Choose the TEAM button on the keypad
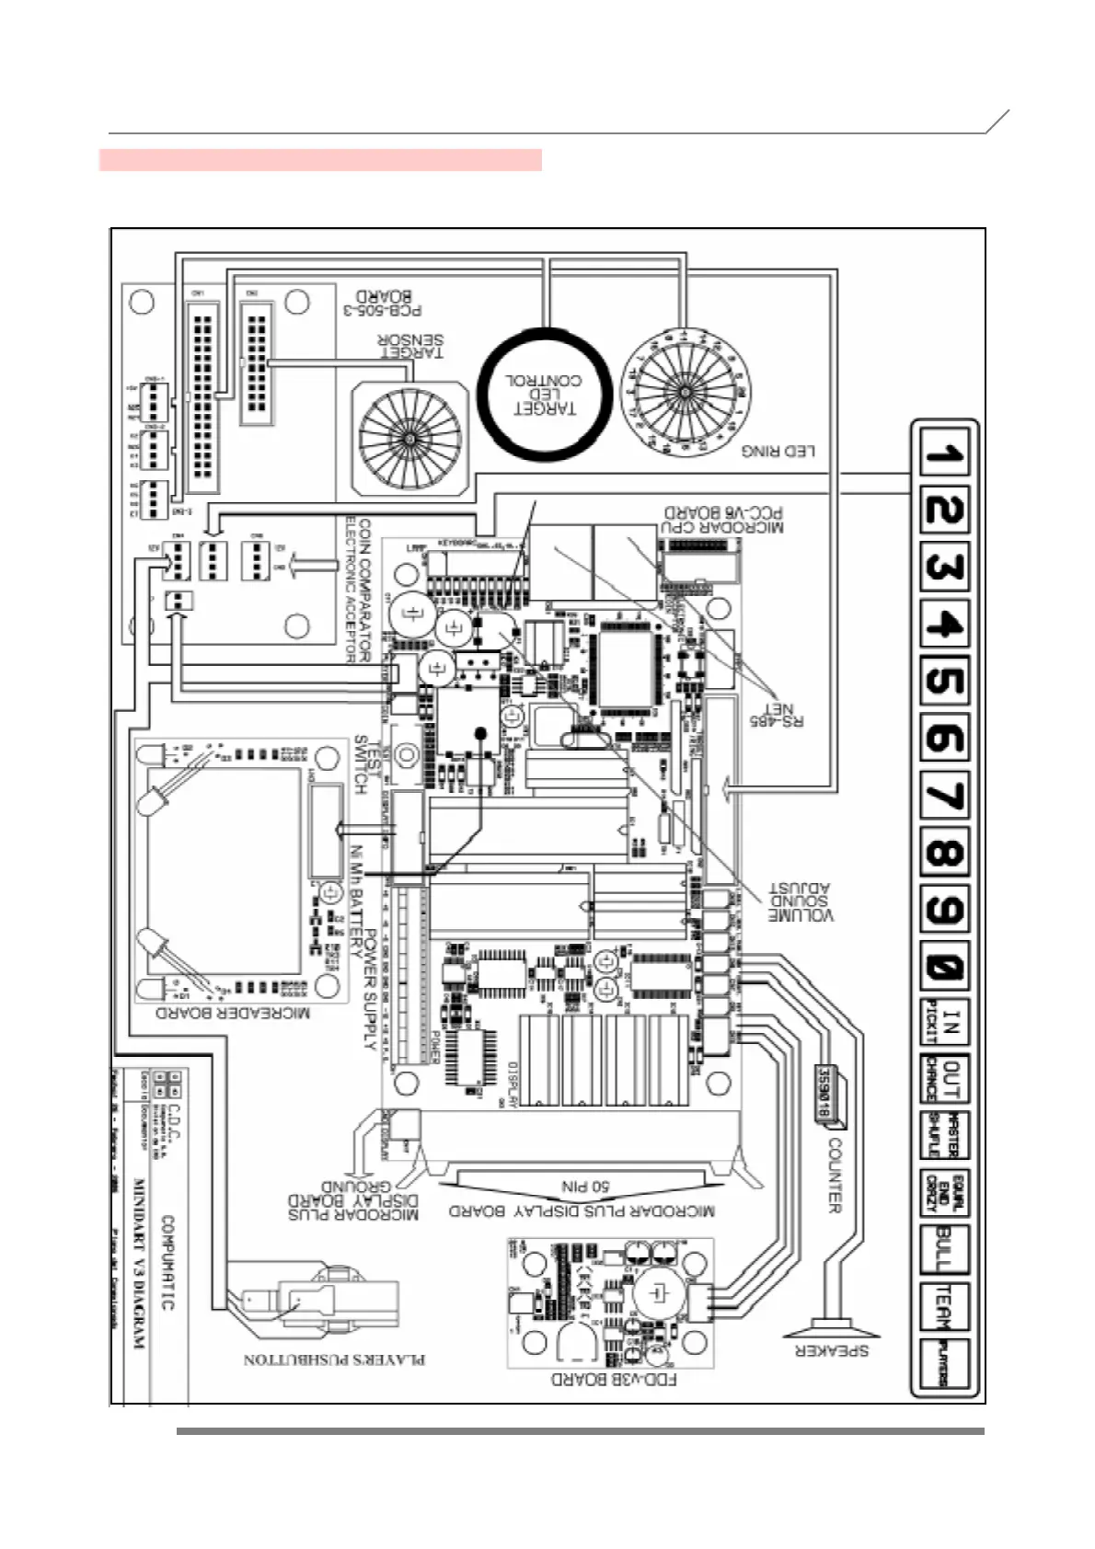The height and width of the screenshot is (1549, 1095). point(944,1306)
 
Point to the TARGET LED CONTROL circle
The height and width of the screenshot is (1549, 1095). point(545,394)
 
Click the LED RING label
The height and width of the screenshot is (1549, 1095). point(778,452)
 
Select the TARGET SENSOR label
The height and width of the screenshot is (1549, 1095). point(411,345)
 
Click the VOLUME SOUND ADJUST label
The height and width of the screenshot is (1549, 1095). point(801,902)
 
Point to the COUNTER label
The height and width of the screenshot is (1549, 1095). point(835,1176)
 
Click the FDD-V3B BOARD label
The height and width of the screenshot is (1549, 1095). point(614,1379)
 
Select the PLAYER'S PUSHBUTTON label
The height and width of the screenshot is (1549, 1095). point(334,1360)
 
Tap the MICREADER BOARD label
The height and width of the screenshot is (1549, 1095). point(232,1013)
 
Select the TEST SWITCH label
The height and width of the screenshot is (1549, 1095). point(367,764)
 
